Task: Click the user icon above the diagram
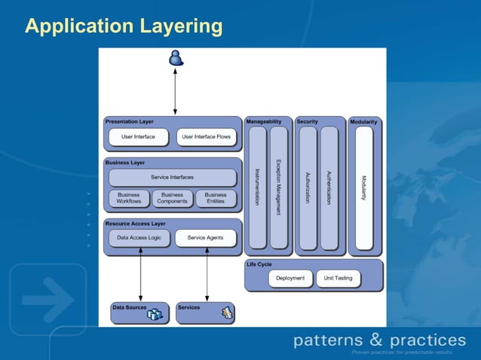point(176,57)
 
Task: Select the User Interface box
point(138,137)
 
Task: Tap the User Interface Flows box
point(207,137)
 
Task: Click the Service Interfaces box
point(172,178)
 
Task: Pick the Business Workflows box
point(129,198)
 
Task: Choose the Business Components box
point(172,198)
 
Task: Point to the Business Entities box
point(216,198)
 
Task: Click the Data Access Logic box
point(139,238)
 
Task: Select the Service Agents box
point(206,238)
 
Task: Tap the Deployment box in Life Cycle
point(290,278)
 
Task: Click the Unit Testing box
point(339,278)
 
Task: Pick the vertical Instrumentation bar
point(257,188)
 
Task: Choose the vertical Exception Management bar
point(279,188)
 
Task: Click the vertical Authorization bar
point(308,188)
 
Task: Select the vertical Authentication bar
point(329,188)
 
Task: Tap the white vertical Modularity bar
point(364,188)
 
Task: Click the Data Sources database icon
point(155,314)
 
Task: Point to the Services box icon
point(227,313)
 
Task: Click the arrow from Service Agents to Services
point(207,274)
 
